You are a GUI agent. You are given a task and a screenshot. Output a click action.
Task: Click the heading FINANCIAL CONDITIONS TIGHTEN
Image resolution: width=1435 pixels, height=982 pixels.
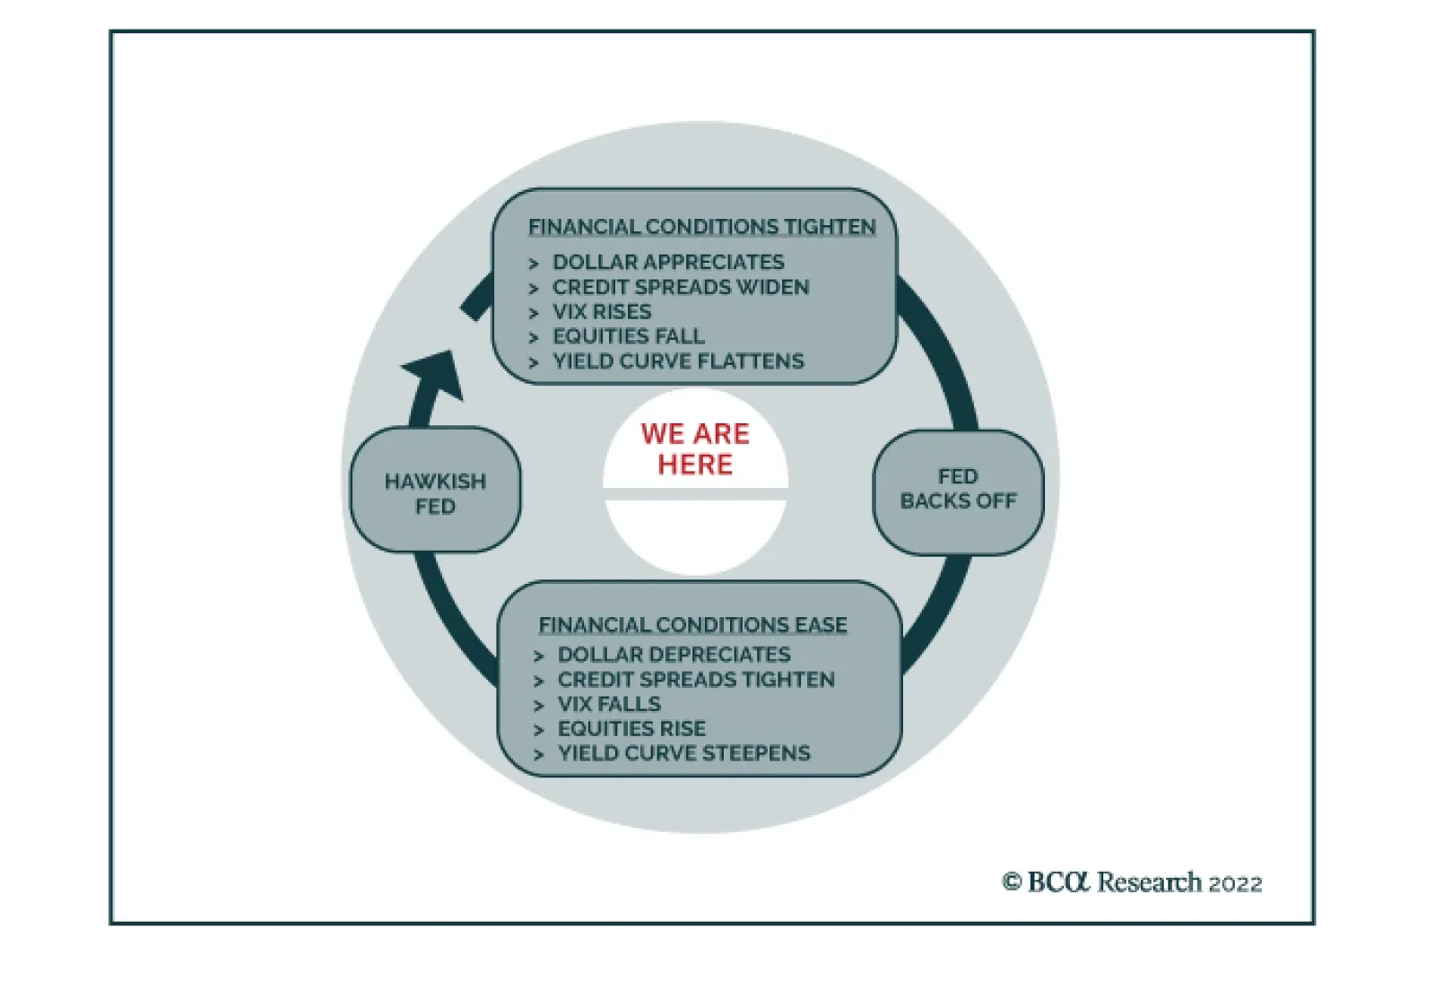pyautogui.click(x=701, y=227)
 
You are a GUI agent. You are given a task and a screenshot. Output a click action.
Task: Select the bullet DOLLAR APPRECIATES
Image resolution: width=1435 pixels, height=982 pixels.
pyautogui.click(x=668, y=262)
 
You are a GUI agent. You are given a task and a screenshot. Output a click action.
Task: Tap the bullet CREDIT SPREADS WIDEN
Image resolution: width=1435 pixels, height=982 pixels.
pyautogui.click(x=681, y=287)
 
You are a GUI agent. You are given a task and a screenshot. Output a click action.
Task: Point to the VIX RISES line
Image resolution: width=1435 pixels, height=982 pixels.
pyautogui.click(x=602, y=312)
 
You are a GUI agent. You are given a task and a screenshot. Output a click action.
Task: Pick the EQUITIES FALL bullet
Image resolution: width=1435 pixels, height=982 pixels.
pyautogui.click(x=628, y=336)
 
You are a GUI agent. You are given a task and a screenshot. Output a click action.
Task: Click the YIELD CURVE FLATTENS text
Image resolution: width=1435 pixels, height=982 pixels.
pyautogui.click(x=678, y=361)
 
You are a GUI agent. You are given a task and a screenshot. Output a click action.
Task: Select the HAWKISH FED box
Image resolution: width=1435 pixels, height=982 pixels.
pyautogui.click(x=435, y=493)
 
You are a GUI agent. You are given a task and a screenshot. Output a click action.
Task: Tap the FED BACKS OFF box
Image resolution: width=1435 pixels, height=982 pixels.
pyautogui.click(x=958, y=489)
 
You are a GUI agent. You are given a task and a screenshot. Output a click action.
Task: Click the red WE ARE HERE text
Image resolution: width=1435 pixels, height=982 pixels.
pyautogui.click(x=695, y=448)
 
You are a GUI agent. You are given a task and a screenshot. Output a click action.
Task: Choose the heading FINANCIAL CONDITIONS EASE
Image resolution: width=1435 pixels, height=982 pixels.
pyautogui.click(x=692, y=624)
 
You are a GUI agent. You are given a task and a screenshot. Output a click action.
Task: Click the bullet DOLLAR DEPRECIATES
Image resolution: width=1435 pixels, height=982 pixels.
pyautogui.click(x=674, y=655)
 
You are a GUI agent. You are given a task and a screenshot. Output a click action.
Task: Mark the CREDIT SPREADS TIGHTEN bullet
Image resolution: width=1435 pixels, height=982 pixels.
pyautogui.click(x=696, y=680)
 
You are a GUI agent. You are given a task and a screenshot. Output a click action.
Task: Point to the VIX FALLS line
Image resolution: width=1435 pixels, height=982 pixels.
pyautogui.click(x=609, y=704)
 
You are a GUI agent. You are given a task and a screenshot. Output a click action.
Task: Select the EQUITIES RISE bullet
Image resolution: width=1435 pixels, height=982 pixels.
pyautogui.click(x=631, y=728)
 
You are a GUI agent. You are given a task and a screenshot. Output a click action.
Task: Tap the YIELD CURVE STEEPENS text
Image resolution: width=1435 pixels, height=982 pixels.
pyautogui.click(x=683, y=753)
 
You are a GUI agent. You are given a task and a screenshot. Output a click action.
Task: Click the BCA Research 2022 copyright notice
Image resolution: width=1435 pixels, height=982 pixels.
pyautogui.click(x=1132, y=882)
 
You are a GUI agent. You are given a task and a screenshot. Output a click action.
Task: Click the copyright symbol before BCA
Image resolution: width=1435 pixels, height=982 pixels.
pyautogui.click(x=1012, y=882)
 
